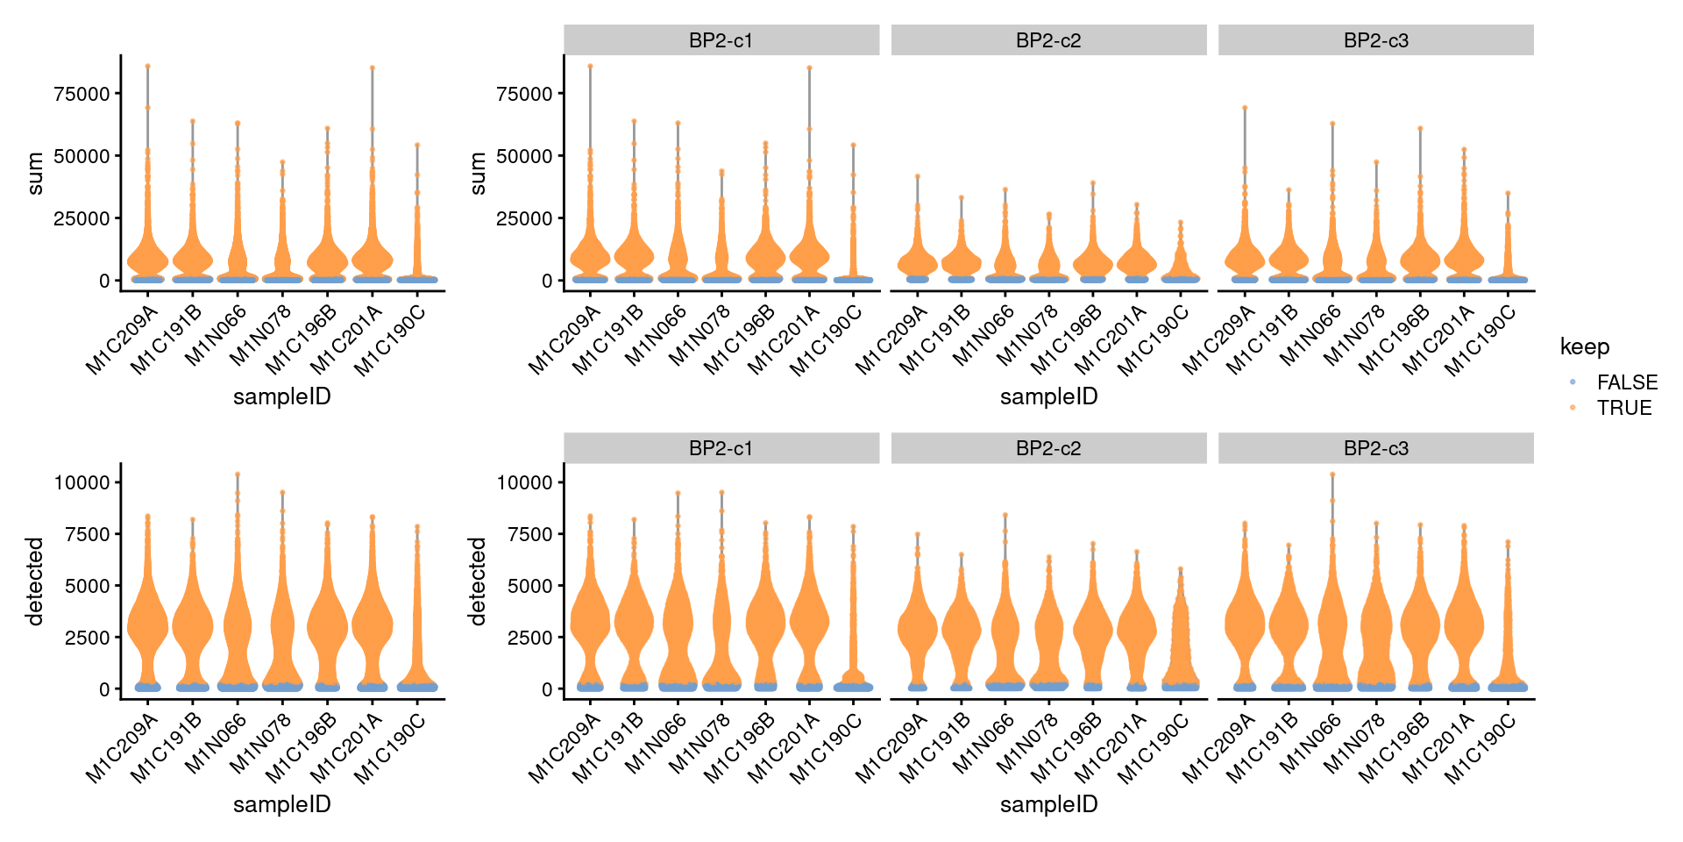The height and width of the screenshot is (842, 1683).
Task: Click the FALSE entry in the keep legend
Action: point(1626,382)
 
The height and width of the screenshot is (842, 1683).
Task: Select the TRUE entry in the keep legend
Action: point(1623,408)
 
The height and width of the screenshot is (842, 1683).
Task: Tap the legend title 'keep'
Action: point(1584,347)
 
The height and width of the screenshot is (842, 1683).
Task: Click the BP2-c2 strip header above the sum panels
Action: point(1048,40)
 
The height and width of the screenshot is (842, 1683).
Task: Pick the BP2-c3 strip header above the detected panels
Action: point(1375,448)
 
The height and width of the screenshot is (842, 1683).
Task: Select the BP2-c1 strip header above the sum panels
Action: point(721,40)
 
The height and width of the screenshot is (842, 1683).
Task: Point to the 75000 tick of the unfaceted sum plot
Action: point(82,94)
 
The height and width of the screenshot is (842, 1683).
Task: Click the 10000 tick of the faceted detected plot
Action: point(524,482)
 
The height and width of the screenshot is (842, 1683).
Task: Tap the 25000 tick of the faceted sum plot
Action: point(524,218)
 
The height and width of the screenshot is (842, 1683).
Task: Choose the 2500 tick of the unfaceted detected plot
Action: point(88,638)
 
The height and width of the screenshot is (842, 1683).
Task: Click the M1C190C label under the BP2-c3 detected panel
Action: point(1482,748)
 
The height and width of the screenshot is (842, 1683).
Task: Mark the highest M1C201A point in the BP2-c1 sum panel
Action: point(809,68)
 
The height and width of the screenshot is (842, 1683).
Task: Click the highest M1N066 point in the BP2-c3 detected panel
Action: point(1332,475)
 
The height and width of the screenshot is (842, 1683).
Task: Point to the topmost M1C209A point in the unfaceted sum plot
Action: point(147,66)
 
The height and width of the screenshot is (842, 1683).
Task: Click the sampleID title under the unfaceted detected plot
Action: point(281,804)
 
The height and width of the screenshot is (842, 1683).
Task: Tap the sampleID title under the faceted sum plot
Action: point(1048,396)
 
